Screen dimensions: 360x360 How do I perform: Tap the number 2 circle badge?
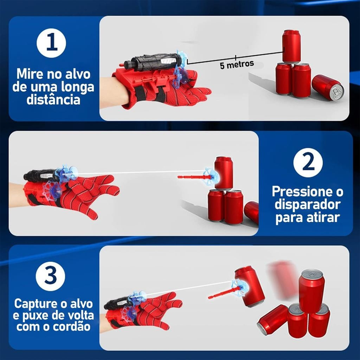tap(308, 162)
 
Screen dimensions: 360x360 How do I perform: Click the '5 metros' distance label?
tap(237, 64)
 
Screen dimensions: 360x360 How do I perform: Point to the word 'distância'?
tap(54, 99)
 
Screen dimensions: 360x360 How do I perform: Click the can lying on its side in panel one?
tap(327, 89)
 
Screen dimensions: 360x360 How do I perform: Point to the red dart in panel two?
tap(191, 178)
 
